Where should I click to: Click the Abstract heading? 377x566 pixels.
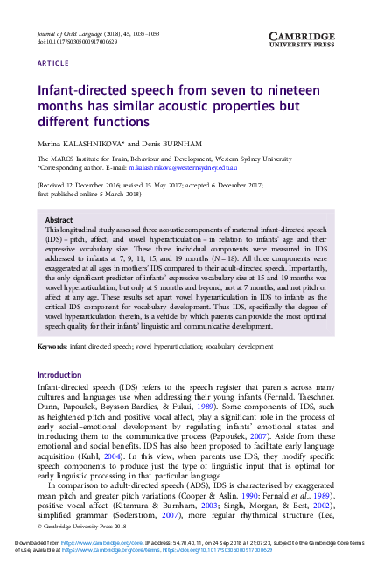point(59,220)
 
